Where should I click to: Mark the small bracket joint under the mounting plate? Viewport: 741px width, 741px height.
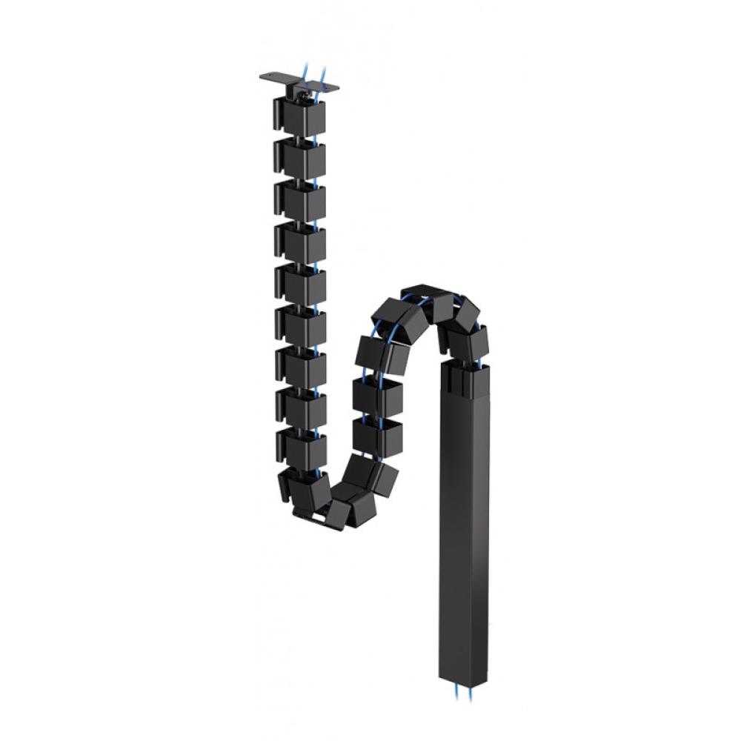(x=303, y=93)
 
